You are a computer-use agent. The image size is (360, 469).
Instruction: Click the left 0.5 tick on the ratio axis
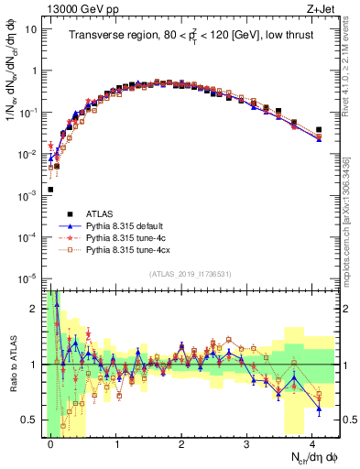29,420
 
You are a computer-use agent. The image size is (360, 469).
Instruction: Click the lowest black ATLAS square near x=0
50,190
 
